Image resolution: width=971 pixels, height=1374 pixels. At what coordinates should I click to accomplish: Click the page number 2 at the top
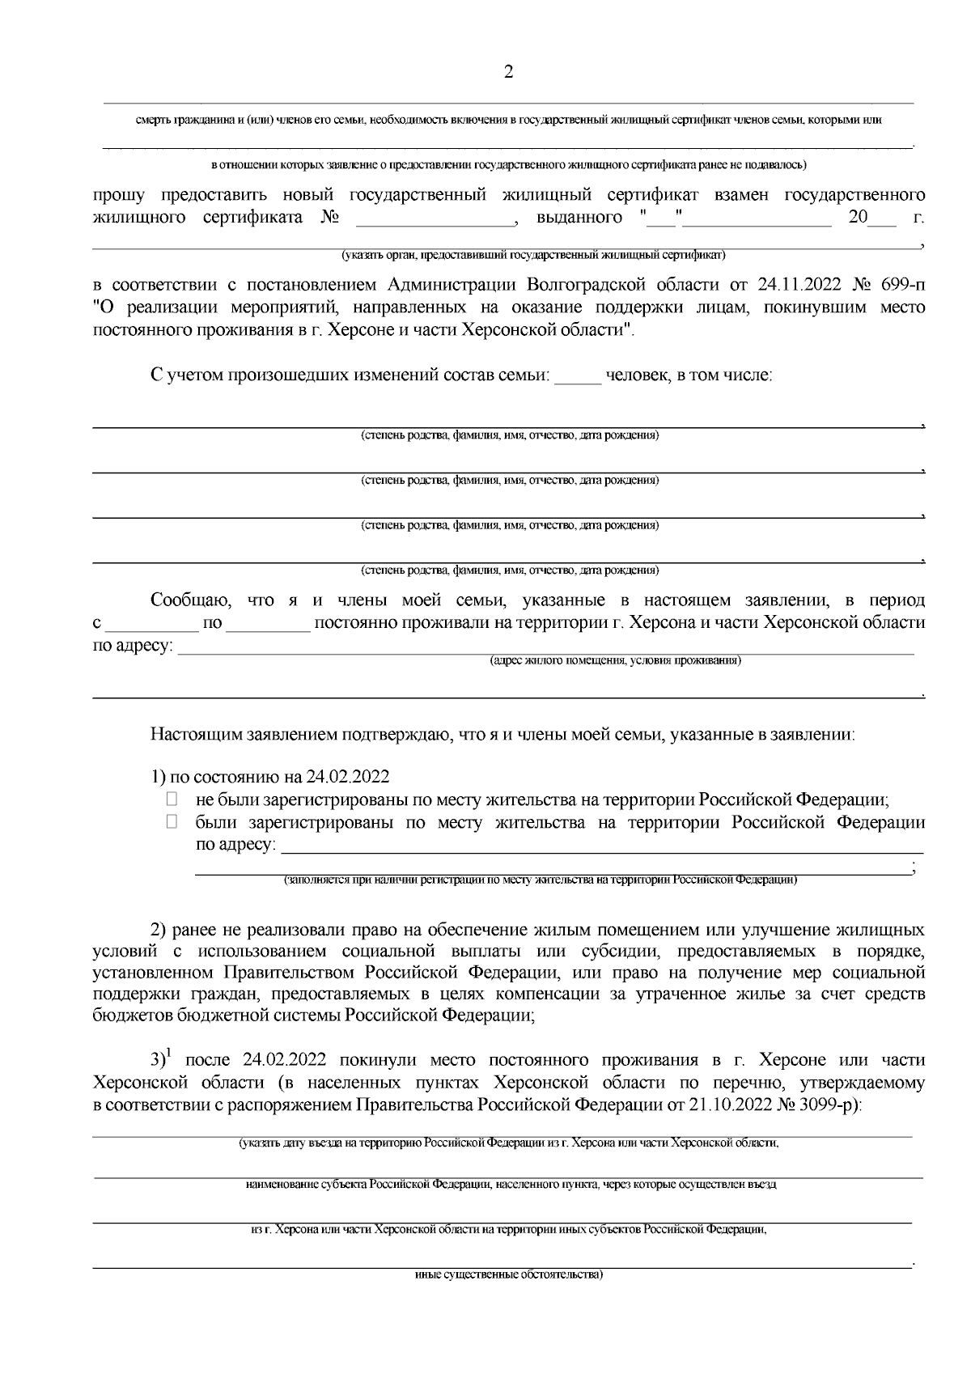508,72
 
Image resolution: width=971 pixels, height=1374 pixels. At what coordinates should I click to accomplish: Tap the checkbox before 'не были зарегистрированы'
172,799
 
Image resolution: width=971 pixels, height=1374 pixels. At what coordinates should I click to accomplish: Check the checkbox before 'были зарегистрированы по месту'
172,822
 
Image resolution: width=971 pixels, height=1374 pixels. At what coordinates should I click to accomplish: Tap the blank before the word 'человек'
578,376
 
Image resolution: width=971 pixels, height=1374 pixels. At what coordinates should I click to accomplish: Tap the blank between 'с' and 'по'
153,625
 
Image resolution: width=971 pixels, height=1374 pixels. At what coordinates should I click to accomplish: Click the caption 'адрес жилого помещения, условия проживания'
615,661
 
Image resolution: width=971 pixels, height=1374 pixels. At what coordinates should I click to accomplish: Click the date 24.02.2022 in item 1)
348,777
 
